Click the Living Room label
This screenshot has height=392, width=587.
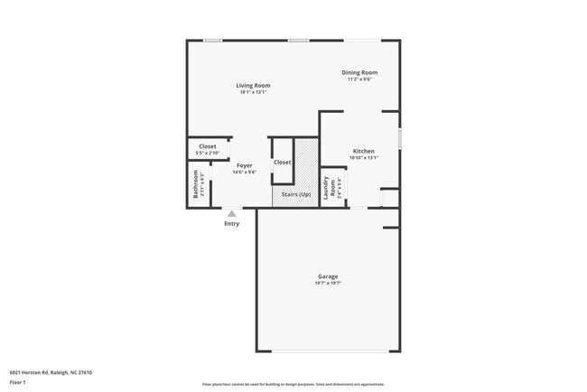tap(253, 85)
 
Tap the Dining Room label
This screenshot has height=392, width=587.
tap(359, 72)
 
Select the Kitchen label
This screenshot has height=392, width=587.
tap(363, 151)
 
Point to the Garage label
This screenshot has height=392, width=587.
tap(327, 275)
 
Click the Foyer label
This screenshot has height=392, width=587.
tap(244, 165)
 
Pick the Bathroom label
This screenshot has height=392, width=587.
tap(194, 185)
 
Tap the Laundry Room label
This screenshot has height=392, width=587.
tap(333, 187)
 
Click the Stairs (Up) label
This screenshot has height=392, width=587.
tap(296, 195)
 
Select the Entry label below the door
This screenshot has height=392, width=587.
tap(232, 223)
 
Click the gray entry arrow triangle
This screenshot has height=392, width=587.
tap(232, 213)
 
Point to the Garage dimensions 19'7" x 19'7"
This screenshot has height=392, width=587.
tap(327, 283)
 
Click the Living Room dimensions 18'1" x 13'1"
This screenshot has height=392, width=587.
tap(254, 92)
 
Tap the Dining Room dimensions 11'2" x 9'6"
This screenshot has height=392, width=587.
tap(359, 79)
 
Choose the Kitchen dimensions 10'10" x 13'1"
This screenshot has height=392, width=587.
tap(363, 158)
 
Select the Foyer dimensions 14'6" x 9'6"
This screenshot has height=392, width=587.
tap(245, 173)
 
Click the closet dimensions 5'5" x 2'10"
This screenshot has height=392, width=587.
tap(208, 153)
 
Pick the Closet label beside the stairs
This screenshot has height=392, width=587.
tap(282, 162)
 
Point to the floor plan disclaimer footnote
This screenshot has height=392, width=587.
tap(293, 383)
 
